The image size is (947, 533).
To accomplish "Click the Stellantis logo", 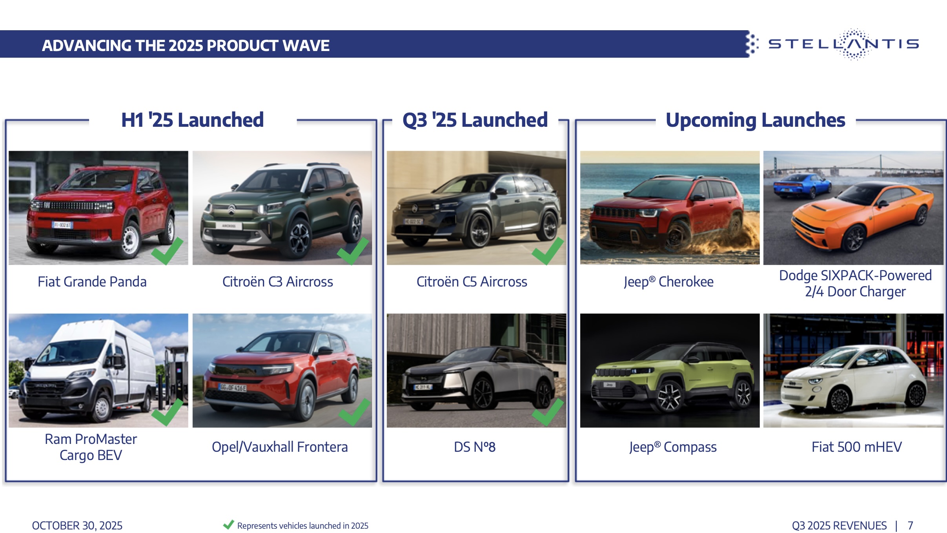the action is [843, 44].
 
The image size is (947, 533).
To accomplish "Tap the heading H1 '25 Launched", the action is [192, 120].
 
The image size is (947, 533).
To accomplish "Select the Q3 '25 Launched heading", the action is [475, 120].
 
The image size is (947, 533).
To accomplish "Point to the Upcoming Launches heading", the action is [755, 120].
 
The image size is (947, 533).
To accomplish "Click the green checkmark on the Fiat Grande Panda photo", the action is [167, 251].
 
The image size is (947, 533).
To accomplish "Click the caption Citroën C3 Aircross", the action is [277, 281].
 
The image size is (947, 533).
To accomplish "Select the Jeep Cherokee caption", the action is [668, 282].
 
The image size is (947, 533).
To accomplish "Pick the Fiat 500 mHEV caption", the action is [856, 447].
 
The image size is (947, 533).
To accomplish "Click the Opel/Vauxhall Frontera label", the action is [280, 447].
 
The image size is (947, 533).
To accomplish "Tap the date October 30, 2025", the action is [77, 526].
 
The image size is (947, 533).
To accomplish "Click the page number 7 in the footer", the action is [910, 526].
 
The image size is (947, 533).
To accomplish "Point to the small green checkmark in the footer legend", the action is [228, 525].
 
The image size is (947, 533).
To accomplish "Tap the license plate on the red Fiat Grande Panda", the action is [62, 225].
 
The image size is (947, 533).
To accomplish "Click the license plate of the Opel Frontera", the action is [233, 388].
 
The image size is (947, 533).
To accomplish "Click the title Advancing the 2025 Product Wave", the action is [186, 46].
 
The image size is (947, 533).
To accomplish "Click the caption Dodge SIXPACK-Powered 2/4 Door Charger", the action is [855, 283].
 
